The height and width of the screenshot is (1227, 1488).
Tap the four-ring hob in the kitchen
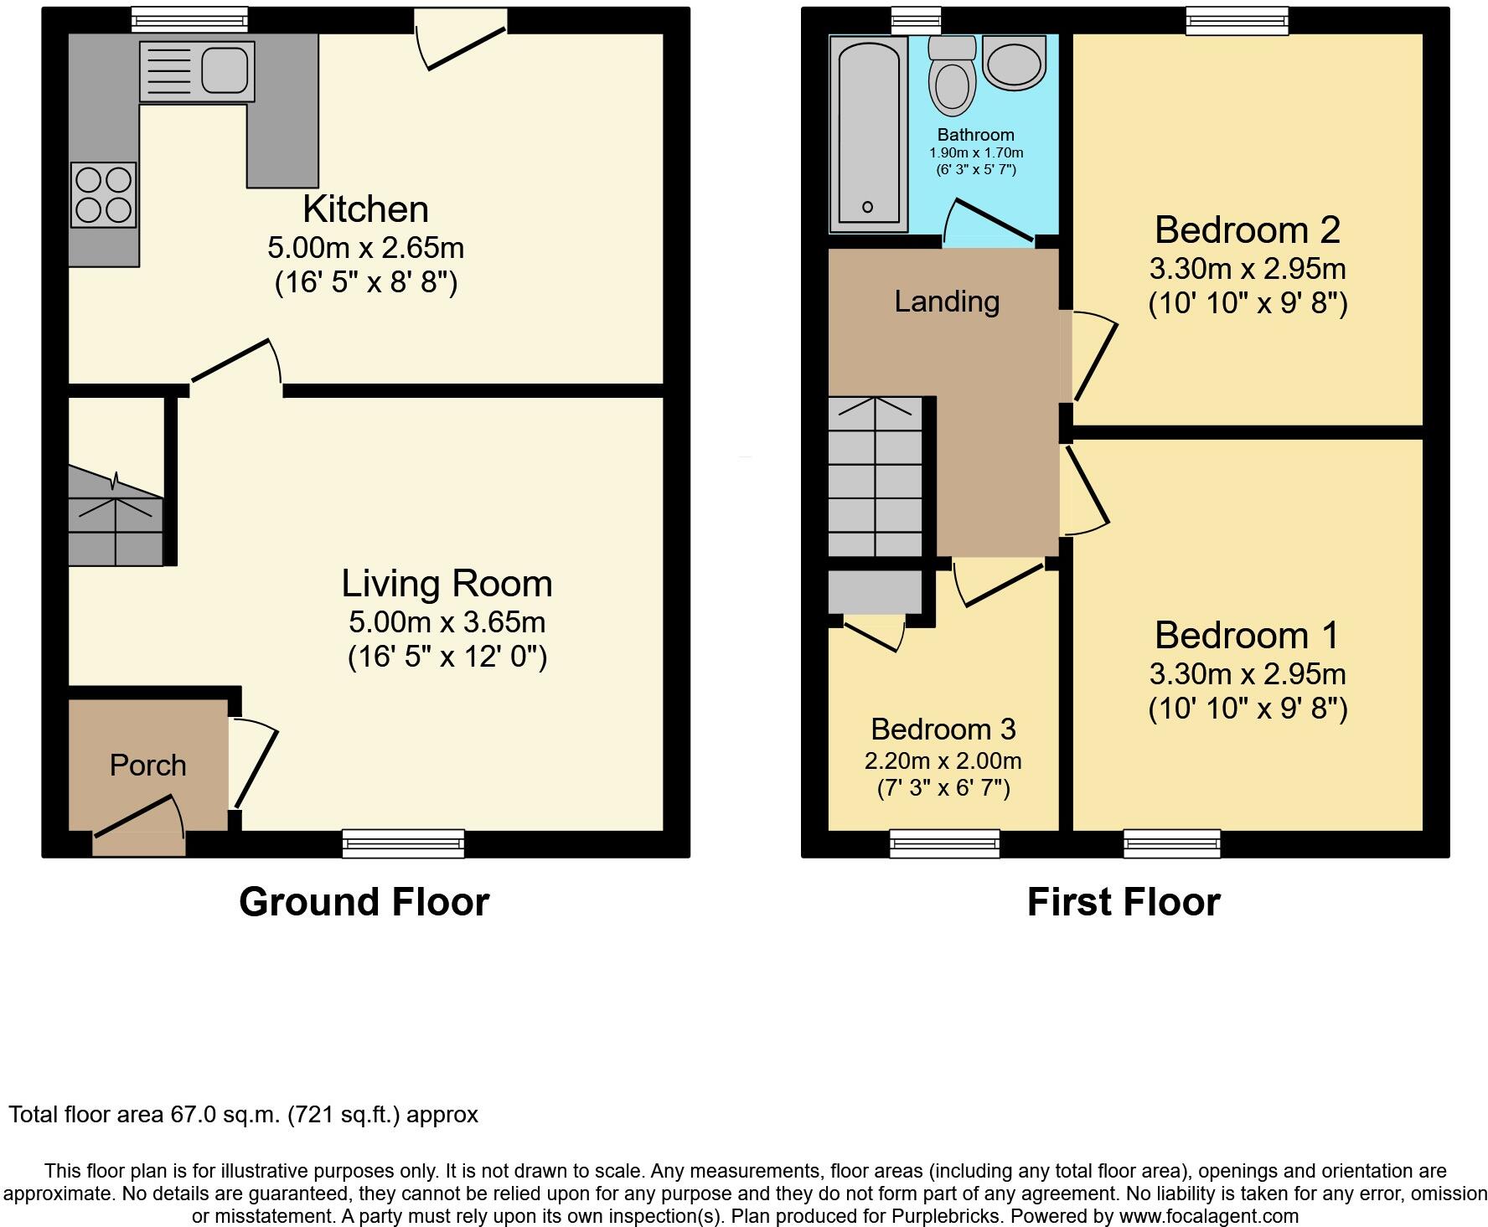[x=104, y=194]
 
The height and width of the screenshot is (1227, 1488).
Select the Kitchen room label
[x=365, y=209]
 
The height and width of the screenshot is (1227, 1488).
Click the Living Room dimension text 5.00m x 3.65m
[x=447, y=622]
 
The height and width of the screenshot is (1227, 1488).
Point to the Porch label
[x=147, y=766]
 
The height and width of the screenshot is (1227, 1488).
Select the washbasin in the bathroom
[x=1014, y=61]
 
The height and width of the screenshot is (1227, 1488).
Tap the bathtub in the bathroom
[x=868, y=134]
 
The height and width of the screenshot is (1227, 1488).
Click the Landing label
[x=947, y=302]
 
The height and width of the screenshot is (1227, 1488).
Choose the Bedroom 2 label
[x=1247, y=229]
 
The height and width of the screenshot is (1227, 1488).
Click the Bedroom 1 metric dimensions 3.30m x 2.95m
[x=1247, y=673]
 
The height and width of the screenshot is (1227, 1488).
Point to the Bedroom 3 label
[x=943, y=729]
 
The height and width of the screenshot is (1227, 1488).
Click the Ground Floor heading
[x=364, y=902]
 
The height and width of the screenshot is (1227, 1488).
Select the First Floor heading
[x=1123, y=902]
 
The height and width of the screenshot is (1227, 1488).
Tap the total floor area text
[x=243, y=1115]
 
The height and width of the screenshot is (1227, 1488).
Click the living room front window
[x=403, y=843]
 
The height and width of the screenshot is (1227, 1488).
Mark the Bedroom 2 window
[x=1237, y=20]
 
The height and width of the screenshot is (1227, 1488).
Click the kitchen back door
[x=463, y=38]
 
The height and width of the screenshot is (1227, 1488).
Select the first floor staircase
[x=876, y=477]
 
